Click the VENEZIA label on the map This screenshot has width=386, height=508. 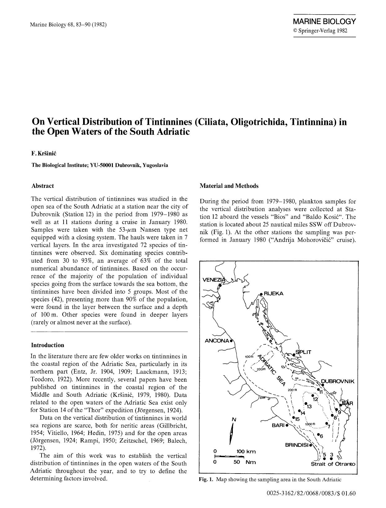coord(213,279)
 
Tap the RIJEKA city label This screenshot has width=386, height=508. coord(273,293)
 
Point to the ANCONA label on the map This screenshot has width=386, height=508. coord(217,341)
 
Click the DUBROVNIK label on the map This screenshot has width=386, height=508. coord(337,382)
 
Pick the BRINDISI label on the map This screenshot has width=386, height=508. coord(296,445)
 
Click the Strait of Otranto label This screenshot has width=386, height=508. coord(333,464)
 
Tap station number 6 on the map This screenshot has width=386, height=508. coord(321,436)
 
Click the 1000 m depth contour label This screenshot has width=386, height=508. coord(310,424)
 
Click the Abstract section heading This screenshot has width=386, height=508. coord(42,186)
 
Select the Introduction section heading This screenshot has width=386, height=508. coord(47,345)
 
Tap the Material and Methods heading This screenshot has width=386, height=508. coord(229,186)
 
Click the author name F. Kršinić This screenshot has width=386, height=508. coord(42,154)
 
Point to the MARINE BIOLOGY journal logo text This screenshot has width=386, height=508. coord(324,22)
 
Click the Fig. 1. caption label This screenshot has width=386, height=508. coord(206,479)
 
